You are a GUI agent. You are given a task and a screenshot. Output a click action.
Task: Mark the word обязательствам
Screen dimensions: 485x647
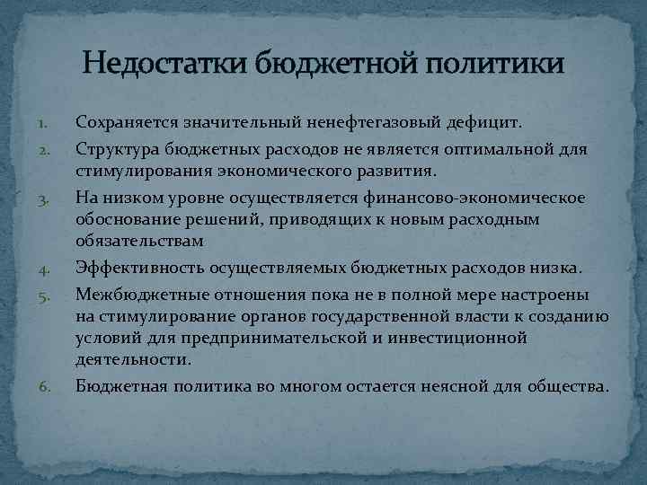point(139,241)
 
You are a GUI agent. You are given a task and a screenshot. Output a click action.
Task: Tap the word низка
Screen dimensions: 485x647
point(558,269)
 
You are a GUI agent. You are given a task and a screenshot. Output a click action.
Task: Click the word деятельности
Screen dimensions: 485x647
point(133,359)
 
